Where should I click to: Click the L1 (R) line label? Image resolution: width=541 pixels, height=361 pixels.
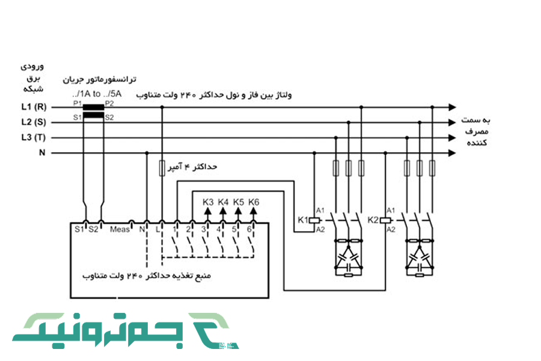click(32, 108)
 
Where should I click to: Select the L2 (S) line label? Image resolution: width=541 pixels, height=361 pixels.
click(32, 123)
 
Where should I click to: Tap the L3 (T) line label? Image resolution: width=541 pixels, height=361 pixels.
click(32, 138)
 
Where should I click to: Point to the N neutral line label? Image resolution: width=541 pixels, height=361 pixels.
click(42, 153)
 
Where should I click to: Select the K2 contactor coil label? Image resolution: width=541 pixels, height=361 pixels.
click(373, 220)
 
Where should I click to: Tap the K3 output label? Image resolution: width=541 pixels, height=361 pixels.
click(207, 202)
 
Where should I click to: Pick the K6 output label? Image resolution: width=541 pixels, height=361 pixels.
click(253, 202)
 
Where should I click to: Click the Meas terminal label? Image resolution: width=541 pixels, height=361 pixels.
click(120, 229)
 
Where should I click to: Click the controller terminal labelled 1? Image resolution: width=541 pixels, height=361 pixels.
click(174, 229)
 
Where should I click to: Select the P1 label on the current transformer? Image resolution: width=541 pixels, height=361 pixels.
click(77, 103)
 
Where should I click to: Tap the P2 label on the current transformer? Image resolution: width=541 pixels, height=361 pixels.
click(109, 103)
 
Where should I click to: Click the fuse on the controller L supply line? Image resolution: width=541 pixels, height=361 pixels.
click(161, 168)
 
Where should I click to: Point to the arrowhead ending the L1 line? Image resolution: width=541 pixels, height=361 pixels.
click(452, 108)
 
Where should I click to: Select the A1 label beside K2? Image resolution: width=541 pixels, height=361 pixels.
click(391, 210)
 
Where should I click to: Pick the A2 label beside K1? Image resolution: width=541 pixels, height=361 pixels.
click(320, 230)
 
